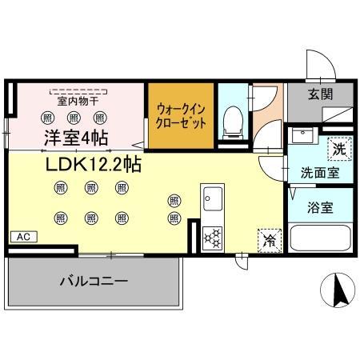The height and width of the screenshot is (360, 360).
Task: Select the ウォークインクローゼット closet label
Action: [x=181, y=117]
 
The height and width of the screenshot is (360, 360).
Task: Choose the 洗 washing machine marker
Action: [x=339, y=148]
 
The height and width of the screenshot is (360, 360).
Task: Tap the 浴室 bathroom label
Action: [x=322, y=207]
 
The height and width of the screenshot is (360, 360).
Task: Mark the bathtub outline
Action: [x=319, y=238]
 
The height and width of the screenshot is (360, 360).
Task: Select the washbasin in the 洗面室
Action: [x=303, y=135]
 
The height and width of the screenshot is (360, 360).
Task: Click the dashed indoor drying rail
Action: [x=78, y=90]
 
